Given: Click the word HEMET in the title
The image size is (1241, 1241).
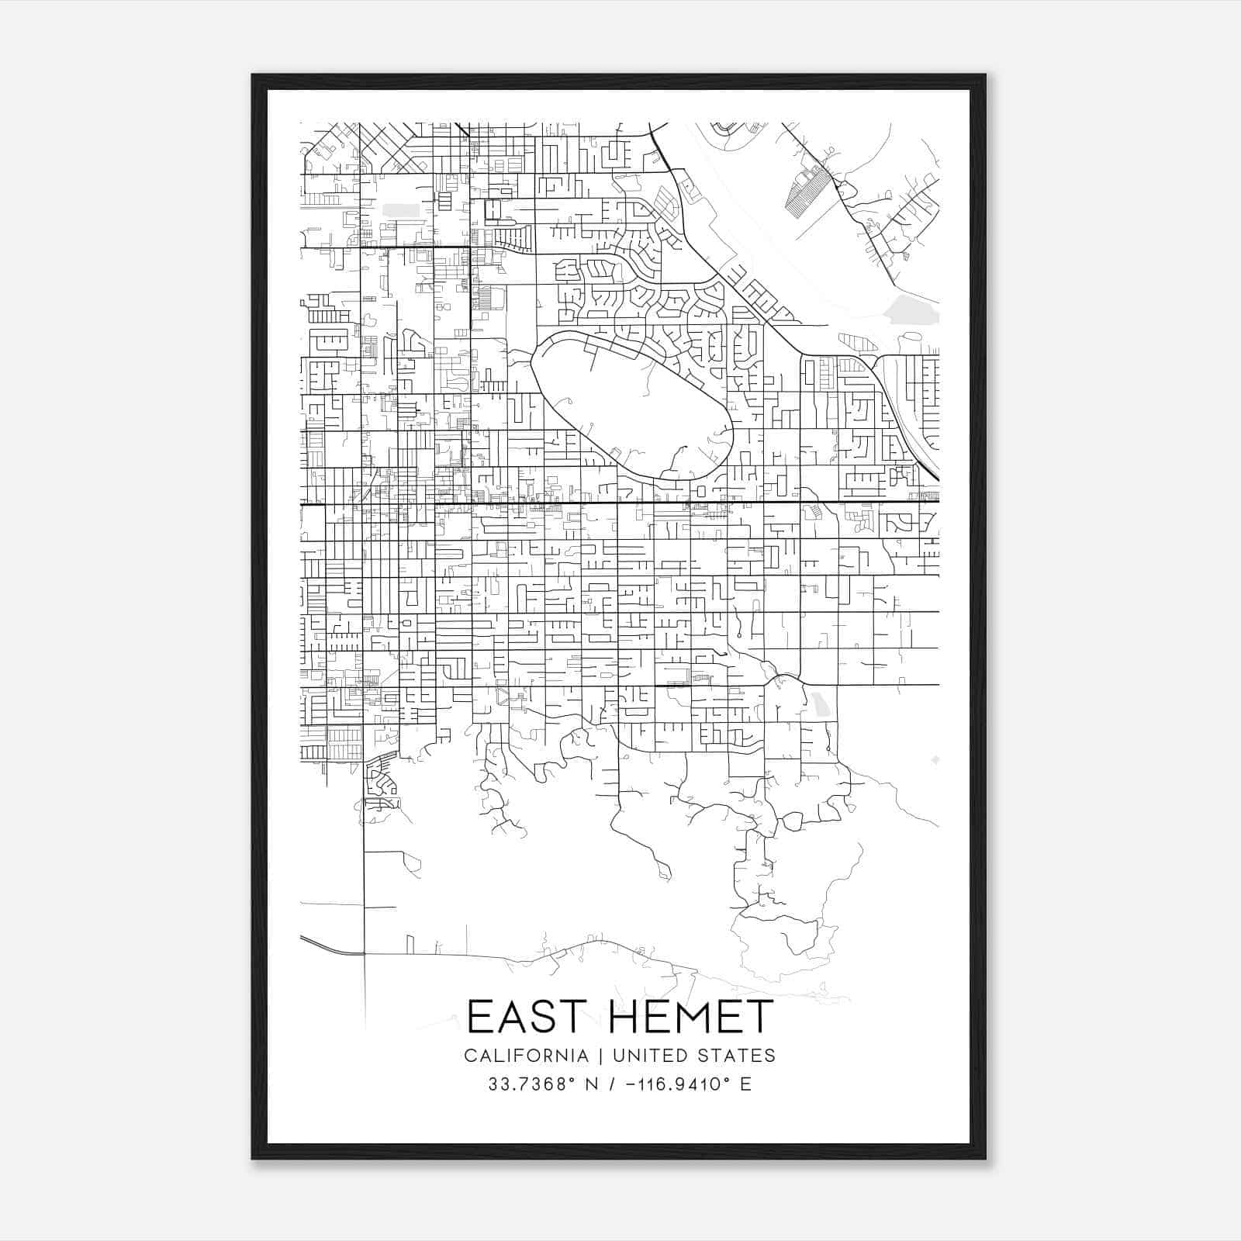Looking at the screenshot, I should click(692, 1017).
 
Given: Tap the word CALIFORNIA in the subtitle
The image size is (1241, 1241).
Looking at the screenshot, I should click(526, 1056).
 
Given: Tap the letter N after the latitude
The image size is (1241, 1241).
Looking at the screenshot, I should click(591, 1084).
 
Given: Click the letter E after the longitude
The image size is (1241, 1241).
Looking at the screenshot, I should click(746, 1084).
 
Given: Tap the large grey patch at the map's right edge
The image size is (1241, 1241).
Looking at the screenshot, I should click(912, 309).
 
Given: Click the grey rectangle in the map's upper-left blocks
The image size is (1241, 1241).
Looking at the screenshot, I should click(401, 210).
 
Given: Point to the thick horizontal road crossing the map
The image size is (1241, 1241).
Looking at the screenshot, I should click(620, 502).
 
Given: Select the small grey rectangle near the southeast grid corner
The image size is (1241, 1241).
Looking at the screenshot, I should click(820, 705).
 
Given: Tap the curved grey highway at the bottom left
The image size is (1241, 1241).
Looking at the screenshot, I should click(330, 945).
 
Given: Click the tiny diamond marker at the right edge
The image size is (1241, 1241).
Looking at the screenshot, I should click(935, 759).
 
